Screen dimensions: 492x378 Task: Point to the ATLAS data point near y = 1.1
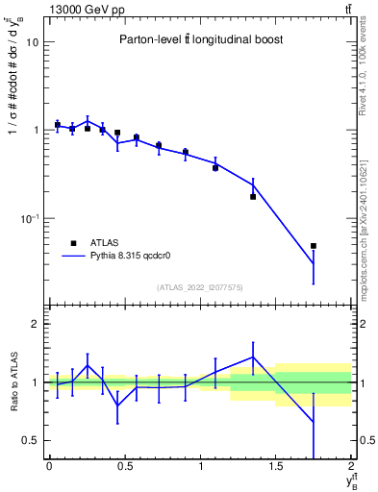coord(215,167)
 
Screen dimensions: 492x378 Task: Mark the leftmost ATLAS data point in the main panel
coord(57,125)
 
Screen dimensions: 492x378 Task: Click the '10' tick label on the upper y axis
coord(32,43)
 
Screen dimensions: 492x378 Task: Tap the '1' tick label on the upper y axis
coord(36,131)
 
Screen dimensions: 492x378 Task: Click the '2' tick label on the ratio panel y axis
coord(36,325)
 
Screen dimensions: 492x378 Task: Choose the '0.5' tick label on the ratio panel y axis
coord(31,440)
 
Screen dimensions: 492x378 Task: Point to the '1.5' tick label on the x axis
coord(276,466)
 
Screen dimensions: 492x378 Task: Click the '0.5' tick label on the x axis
coord(124,466)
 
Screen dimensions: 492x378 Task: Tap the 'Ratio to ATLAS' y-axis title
coord(13,381)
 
